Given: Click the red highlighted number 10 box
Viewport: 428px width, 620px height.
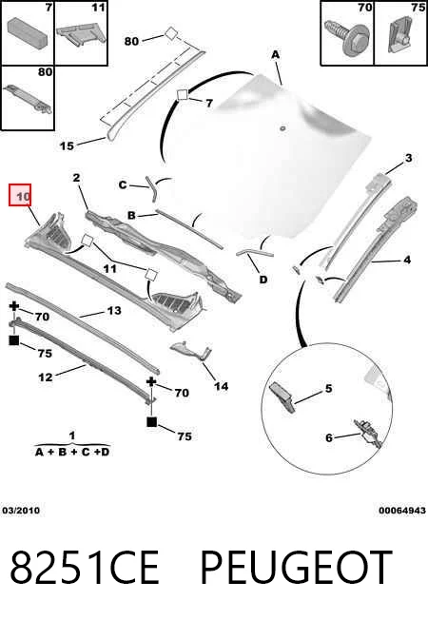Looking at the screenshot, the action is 20,195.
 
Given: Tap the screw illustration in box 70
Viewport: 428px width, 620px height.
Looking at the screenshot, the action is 345,37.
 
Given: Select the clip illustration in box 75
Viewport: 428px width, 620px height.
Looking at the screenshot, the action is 400,36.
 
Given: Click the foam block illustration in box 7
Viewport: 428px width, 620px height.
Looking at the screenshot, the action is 27,30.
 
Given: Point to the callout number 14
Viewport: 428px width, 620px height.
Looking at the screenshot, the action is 221,385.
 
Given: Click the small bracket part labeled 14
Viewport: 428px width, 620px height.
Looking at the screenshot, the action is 190,350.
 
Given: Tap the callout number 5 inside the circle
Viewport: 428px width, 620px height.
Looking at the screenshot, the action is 329,388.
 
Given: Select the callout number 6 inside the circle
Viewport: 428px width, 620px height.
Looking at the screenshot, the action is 329,437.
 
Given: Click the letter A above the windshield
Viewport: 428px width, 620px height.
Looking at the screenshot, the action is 275,54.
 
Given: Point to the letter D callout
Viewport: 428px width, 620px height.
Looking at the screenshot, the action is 263,280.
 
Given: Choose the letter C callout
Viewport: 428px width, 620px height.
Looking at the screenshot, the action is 123,184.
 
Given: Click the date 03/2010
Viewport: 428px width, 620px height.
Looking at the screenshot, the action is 21,511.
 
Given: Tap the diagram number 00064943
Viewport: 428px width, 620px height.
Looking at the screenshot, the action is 402,511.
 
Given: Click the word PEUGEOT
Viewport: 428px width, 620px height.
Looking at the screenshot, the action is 297,567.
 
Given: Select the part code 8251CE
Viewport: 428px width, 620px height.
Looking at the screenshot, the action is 85,567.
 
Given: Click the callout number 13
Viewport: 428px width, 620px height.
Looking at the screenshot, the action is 114,310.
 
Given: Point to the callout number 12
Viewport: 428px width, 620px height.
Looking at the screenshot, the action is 46,377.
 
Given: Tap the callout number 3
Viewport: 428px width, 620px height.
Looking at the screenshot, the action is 409,158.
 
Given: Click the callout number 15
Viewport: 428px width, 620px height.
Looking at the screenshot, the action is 67,145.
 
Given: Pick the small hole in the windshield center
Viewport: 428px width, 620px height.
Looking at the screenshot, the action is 282,128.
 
